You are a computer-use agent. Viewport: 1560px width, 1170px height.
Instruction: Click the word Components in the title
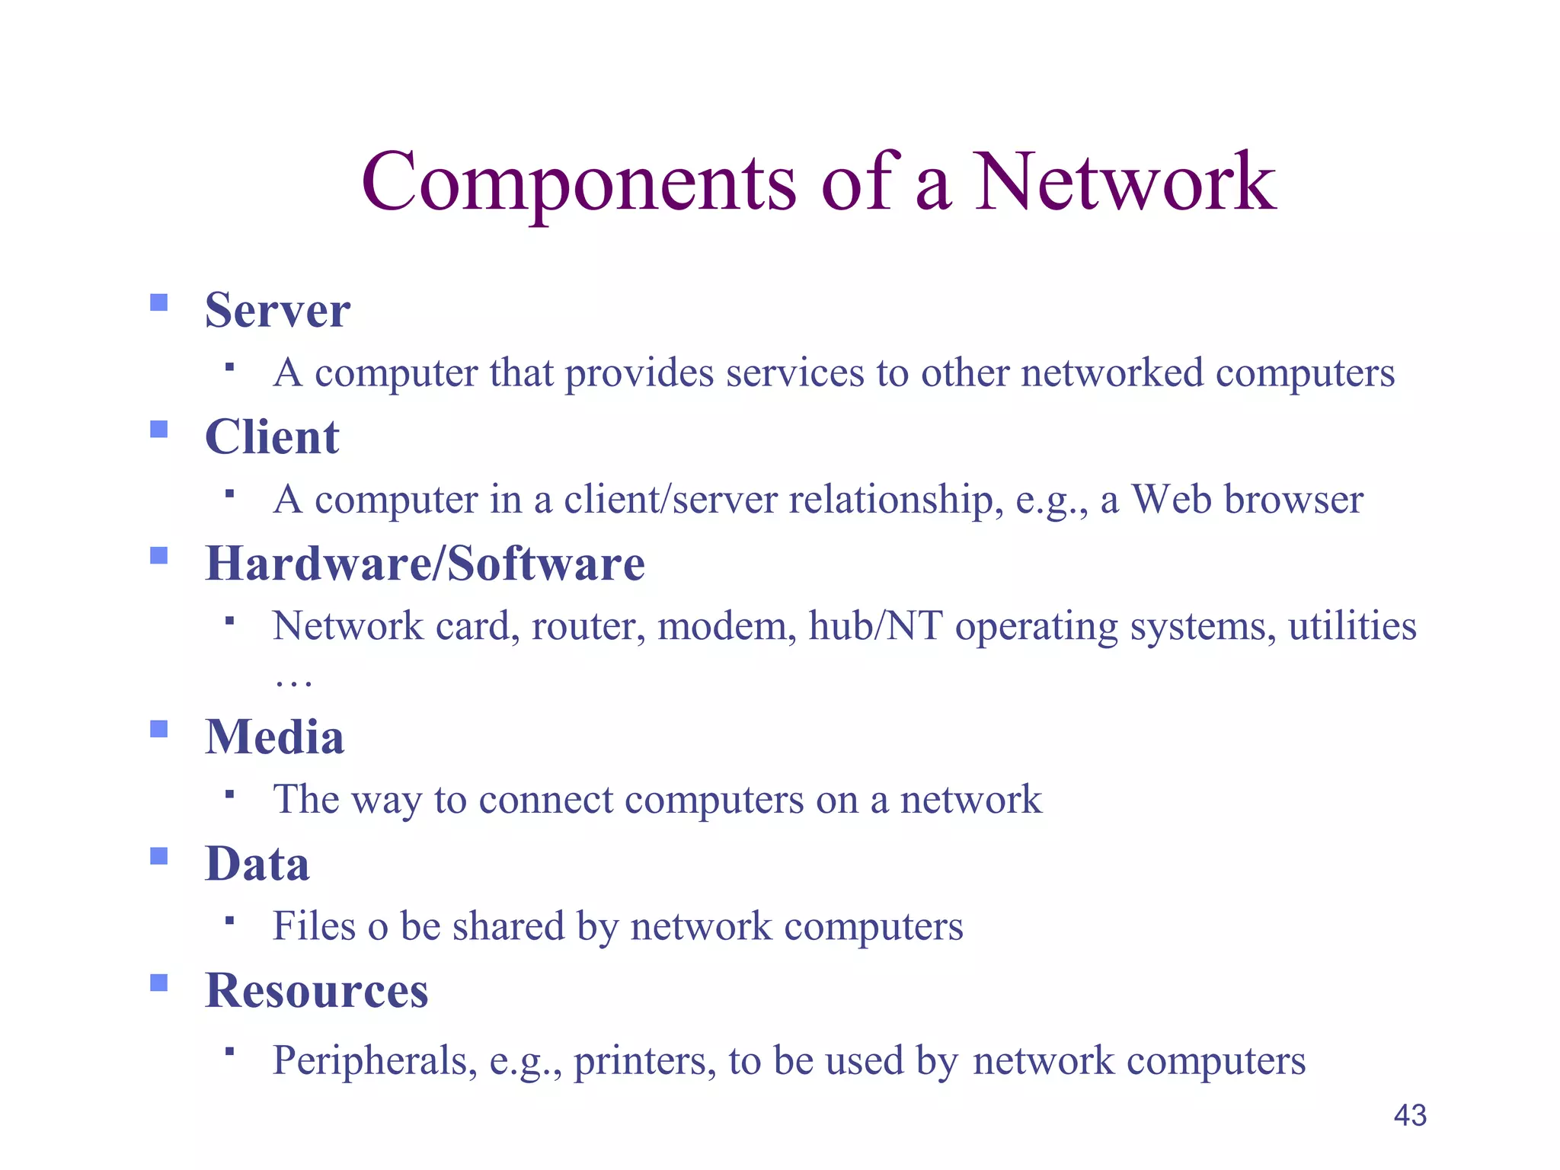click(x=579, y=183)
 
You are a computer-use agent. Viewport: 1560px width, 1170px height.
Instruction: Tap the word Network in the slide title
click(x=1125, y=183)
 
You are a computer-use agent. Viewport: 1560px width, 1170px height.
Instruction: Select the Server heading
click(x=277, y=311)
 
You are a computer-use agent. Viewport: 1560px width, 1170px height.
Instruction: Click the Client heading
click(x=272, y=437)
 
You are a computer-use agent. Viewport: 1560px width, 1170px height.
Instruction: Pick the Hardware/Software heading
click(x=425, y=564)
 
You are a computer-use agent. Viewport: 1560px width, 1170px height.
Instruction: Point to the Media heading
click(x=274, y=737)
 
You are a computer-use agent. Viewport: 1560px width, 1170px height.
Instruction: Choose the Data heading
click(x=257, y=864)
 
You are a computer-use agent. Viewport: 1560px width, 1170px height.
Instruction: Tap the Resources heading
click(x=317, y=990)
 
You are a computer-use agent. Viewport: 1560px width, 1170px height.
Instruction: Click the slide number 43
click(x=1410, y=1115)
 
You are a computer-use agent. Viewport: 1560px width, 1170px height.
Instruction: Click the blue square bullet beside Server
click(x=158, y=303)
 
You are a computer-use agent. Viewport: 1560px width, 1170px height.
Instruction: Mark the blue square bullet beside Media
click(x=158, y=730)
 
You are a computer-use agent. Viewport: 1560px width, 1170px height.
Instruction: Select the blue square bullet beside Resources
click(x=158, y=983)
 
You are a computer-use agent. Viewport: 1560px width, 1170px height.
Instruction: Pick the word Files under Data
click(x=313, y=926)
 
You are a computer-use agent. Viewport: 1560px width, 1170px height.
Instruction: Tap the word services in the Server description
click(x=794, y=373)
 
